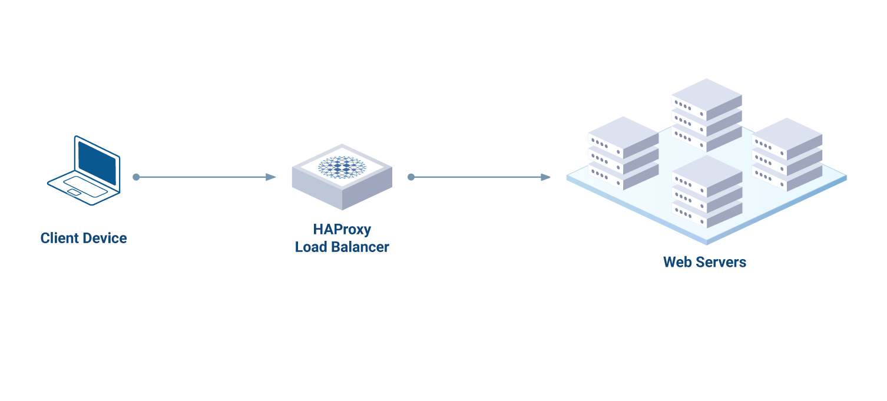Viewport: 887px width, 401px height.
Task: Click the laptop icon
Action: [84, 171]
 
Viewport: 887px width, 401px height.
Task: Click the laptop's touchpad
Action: [74, 192]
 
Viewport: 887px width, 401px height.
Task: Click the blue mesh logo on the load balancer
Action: [342, 167]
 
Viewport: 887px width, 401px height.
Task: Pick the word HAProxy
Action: [342, 229]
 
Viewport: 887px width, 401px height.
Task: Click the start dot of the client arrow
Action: [136, 177]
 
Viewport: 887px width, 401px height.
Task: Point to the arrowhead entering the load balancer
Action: [272, 177]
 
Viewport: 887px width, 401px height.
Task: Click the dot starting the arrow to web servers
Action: [411, 177]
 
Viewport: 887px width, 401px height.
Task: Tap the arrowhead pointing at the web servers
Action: [546, 177]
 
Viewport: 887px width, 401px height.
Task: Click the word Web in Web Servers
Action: [677, 262]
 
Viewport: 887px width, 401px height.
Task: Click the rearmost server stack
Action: [706, 115]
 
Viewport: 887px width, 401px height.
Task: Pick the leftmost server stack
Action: [623, 153]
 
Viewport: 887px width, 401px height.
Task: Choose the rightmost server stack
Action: [787, 154]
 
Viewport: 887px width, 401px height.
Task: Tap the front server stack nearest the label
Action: [707, 192]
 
